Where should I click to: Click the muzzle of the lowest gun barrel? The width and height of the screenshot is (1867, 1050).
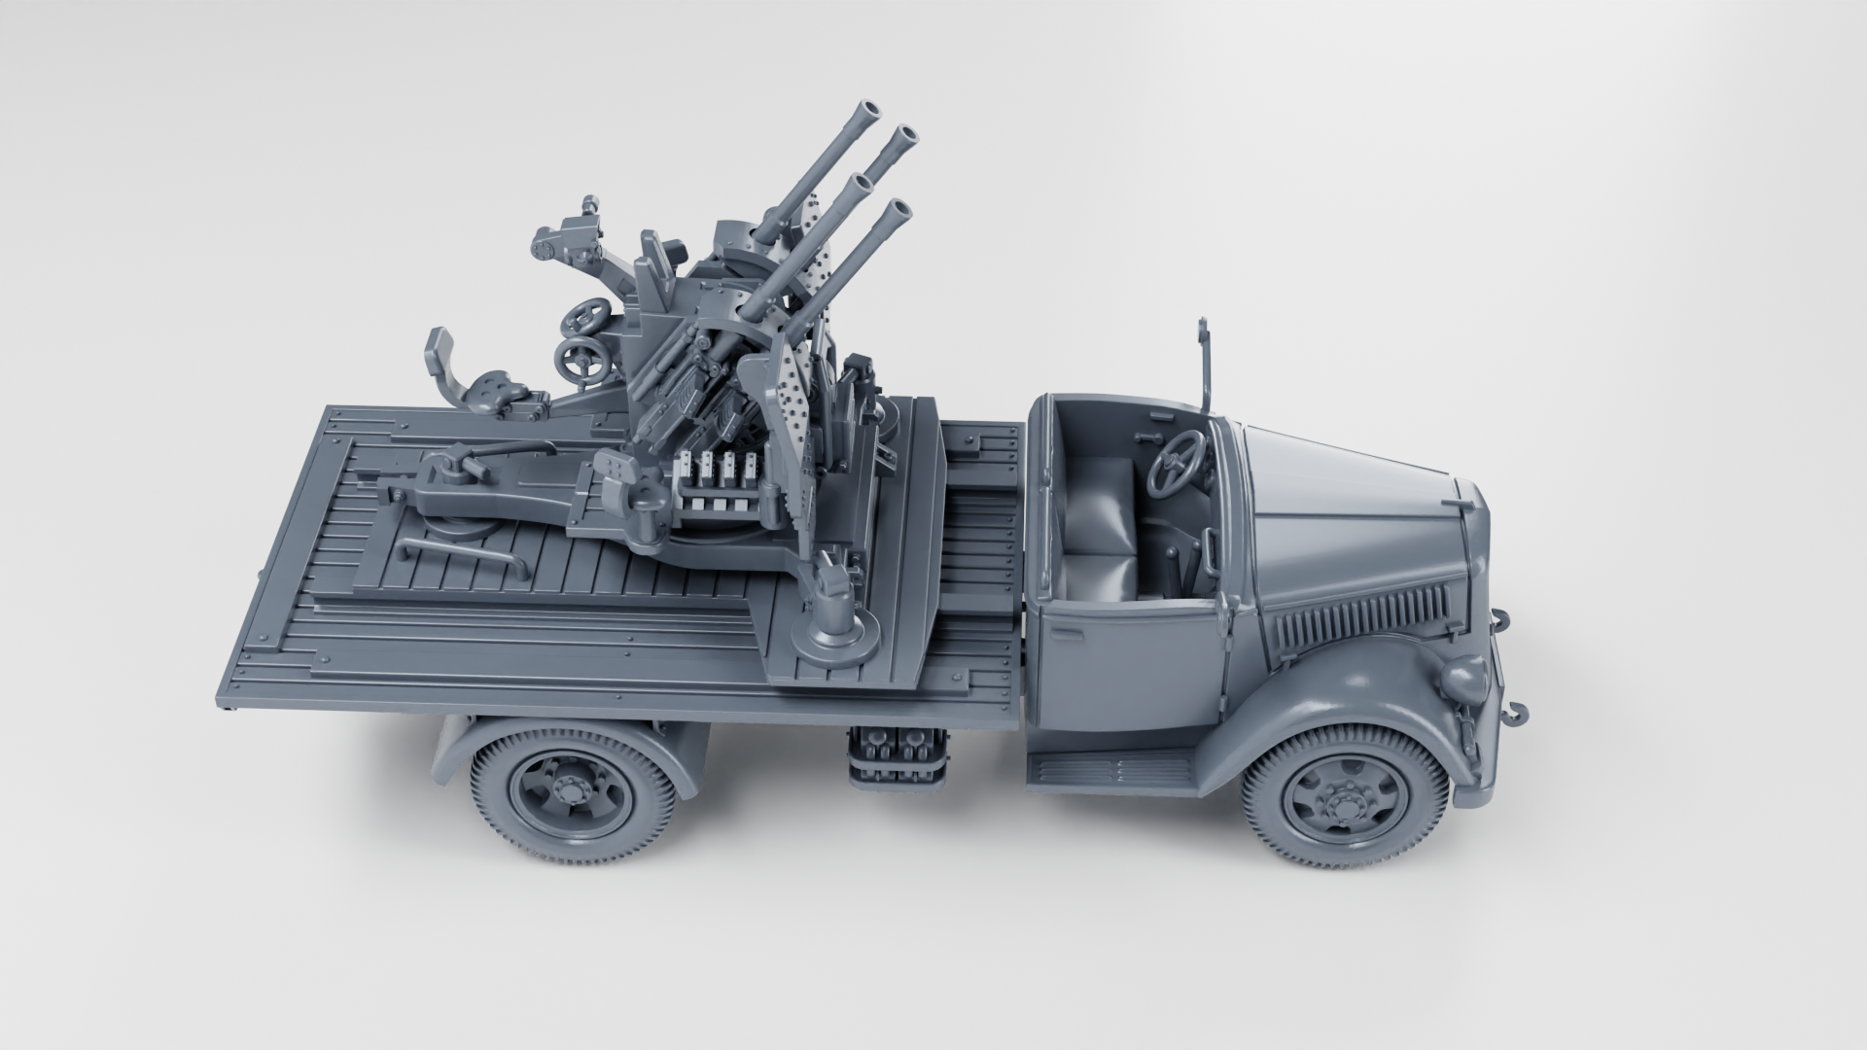pyautogui.click(x=900, y=208)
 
